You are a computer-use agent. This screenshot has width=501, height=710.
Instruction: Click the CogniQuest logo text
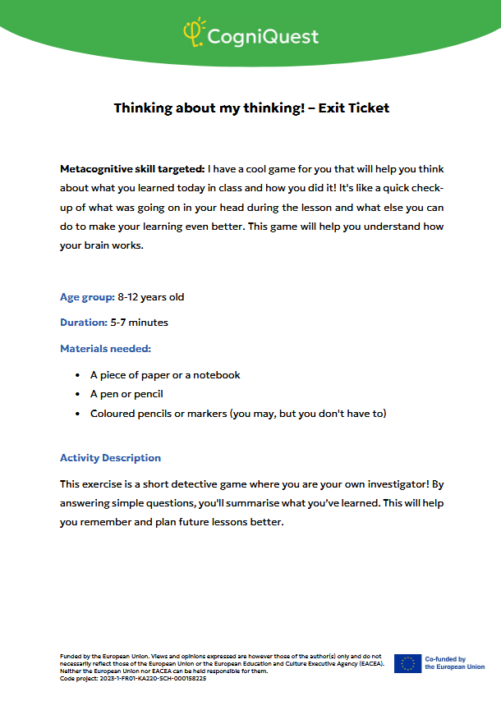(x=262, y=36)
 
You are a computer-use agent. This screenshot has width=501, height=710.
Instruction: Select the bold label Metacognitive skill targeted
(x=132, y=169)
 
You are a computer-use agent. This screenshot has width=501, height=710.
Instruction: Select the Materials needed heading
(x=105, y=349)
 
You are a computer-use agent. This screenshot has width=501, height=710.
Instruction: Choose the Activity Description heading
(x=110, y=458)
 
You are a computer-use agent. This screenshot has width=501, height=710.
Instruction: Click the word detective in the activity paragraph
(x=214, y=484)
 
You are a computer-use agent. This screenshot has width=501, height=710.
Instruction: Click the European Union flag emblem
(x=407, y=663)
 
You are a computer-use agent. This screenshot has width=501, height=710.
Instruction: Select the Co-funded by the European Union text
(x=454, y=663)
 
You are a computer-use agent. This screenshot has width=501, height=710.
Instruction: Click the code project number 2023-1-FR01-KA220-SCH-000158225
(x=156, y=679)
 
